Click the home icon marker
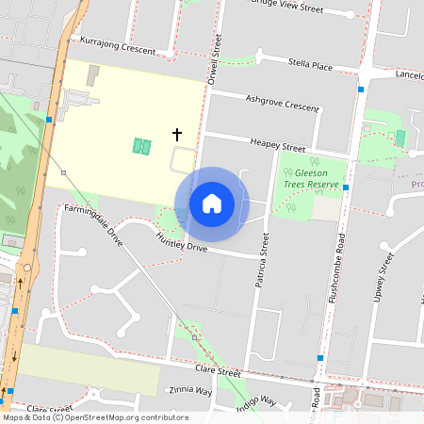tap(212, 204)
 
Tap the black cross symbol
tap(176, 135)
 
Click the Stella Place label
tap(310, 66)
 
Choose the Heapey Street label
tap(278, 147)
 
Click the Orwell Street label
tap(217, 57)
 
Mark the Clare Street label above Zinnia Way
tap(214, 372)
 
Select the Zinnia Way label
tap(190, 390)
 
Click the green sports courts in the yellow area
tap(141, 145)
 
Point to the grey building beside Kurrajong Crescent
tap(92, 75)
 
